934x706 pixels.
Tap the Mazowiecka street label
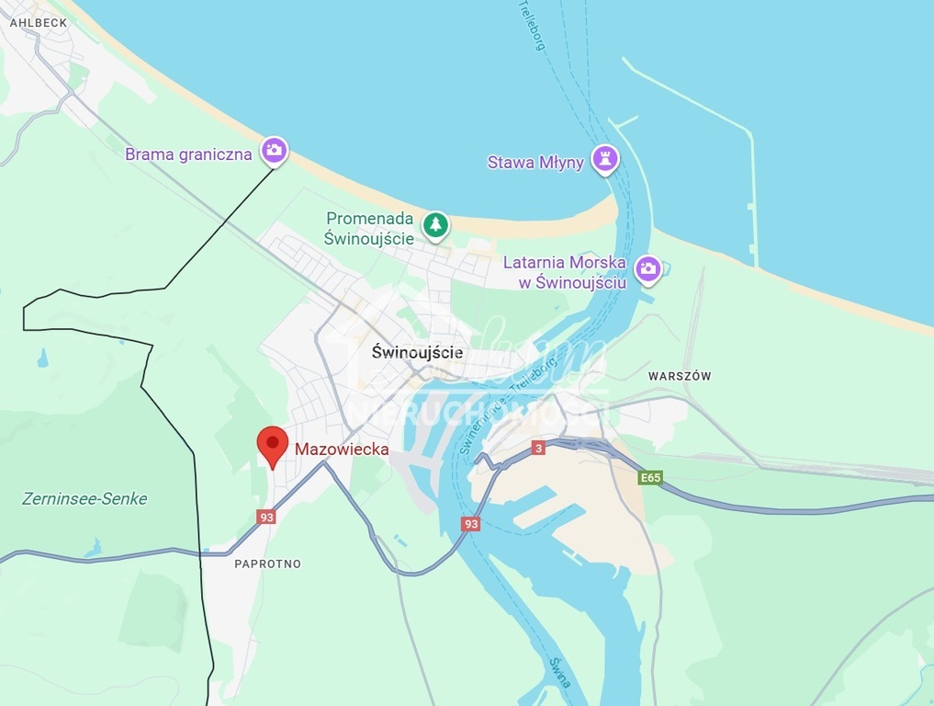pos(342,450)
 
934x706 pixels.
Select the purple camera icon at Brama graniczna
pos(274,151)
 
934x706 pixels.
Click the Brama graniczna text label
pos(188,154)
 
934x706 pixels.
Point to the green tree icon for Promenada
pos(435,224)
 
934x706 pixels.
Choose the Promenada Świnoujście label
pos(369,228)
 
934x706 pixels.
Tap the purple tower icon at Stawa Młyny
pos(603,159)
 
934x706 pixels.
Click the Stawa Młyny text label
pos(535,163)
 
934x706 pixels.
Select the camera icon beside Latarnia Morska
pos(648,269)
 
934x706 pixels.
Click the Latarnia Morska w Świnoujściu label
pos(565,272)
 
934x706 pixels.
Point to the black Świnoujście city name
pos(418,352)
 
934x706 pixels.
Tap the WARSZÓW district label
pos(680,376)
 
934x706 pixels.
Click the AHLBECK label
pos(39,22)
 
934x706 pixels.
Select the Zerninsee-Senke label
pos(84,499)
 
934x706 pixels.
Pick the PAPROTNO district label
pos(267,564)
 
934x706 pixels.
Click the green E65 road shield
pos(650,478)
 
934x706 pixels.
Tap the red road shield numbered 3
pos(538,448)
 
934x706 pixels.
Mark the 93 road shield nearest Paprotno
pos(266,517)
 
